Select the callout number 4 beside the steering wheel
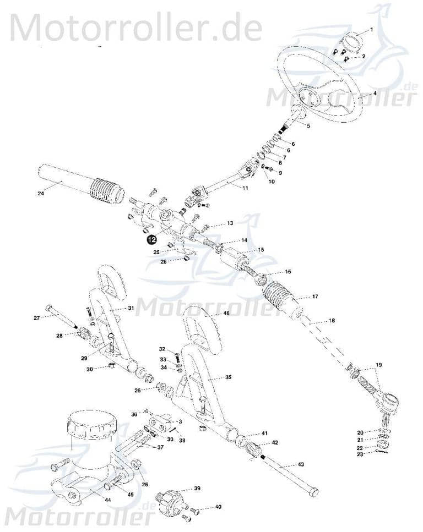375,94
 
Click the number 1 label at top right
371,29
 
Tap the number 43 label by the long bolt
301,465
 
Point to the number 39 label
197,489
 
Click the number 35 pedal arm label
227,377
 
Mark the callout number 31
131,308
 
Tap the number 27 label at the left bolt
36,318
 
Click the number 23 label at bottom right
360,454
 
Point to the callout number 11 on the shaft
245,188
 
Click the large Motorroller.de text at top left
134,26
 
